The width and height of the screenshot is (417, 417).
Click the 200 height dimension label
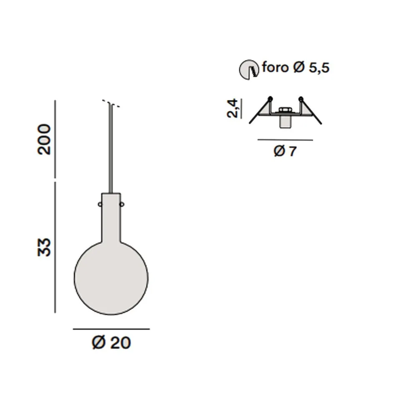click(x=44, y=139)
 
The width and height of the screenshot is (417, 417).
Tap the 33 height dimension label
click(x=44, y=247)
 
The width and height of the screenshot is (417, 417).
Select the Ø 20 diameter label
click(x=111, y=343)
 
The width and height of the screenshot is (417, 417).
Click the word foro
click(x=275, y=67)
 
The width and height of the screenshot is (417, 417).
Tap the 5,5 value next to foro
click(x=319, y=68)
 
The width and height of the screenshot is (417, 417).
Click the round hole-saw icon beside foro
click(x=248, y=69)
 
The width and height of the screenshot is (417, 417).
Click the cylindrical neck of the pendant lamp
click(x=111, y=217)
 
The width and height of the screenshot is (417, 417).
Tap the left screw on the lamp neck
click(x=100, y=204)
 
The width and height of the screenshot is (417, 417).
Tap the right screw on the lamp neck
click(x=122, y=204)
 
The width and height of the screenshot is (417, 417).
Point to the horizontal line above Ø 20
click(x=111, y=329)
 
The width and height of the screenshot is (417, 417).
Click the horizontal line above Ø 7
click(x=285, y=140)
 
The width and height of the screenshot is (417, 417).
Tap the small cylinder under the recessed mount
click(x=285, y=121)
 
